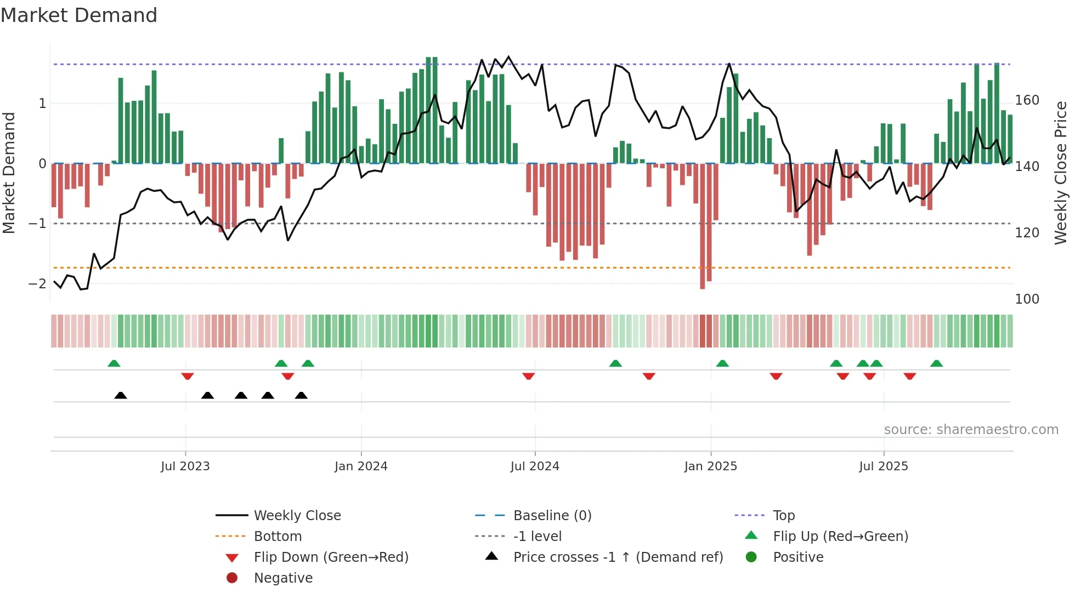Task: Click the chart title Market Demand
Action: pyautogui.click(x=79, y=15)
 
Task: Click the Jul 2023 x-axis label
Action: pyautogui.click(x=185, y=466)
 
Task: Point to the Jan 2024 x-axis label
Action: pyautogui.click(x=361, y=466)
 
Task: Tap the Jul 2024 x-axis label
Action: pyautogui.click(x=535, y=466)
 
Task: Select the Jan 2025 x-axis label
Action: pyautogui.click(x=710, y=466)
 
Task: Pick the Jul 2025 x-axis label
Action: pyautogui.click(x=884, y=466)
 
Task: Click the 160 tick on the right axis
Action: pyautogui.click(x=1027, y=100)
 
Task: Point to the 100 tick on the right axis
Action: pyautogui.click(x=1027, y=299)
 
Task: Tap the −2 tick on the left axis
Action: pyautogui.click(x=37, y=284)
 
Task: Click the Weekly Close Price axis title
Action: pyautogui.click(x=1061, y=173)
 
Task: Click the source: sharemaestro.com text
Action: pyautogui.click(x=971, y=430)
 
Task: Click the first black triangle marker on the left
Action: pyautogui.click(x=121, y=396)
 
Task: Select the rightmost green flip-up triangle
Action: pyautogui.click(x=936, y=363)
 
